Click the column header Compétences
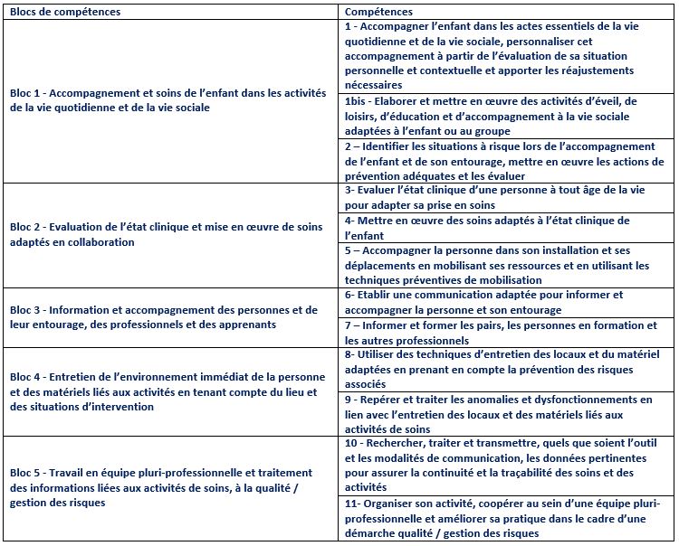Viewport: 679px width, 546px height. click(x=379, y=12)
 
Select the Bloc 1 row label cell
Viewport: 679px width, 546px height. click(x=172, y=100)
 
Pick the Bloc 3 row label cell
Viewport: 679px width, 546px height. click(x=172, y=317)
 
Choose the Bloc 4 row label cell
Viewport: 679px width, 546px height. click(x=172, y=391)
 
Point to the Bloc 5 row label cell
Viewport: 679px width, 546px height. click(x=172, y=488)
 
